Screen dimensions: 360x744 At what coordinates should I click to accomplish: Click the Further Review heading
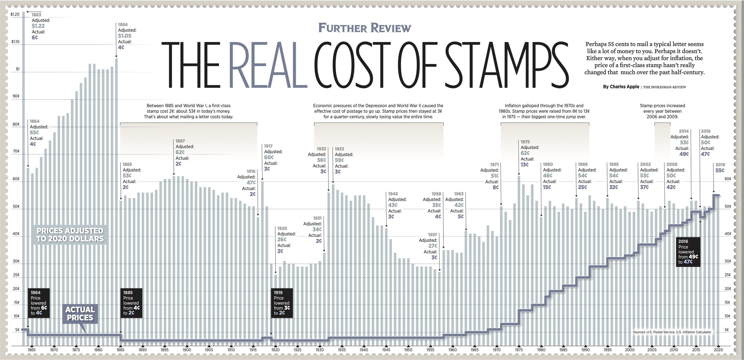coord(365,28)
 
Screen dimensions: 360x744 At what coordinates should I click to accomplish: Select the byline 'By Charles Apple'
coord(621,87)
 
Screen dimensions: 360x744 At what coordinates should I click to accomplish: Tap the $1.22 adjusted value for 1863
coord(38,26)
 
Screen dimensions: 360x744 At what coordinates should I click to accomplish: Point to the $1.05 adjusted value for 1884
coord(124,36)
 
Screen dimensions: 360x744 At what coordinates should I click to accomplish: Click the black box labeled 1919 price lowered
coord(282,303)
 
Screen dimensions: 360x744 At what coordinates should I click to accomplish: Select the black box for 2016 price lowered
coord(688,251)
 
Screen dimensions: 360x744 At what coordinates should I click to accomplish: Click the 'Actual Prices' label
coord(80,314)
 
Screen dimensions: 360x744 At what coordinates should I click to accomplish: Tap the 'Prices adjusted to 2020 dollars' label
coord(70,234)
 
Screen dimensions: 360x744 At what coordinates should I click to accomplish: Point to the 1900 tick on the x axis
coord(187,350)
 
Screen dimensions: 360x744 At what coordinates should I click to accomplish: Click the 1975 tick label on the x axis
coord(519,350)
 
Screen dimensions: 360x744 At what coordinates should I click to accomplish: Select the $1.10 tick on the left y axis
coord(15,42)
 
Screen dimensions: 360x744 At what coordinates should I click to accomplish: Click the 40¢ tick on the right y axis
coord(728,234)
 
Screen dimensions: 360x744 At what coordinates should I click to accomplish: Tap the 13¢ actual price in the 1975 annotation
coord(524,165)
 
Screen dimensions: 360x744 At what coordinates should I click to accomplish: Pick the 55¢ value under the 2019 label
coord(720,170)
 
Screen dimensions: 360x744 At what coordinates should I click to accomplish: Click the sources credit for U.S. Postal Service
coord(672,332)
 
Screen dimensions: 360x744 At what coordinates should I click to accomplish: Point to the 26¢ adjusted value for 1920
coord(282,240)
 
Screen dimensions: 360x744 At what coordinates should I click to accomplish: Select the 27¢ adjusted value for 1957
coord(433,246)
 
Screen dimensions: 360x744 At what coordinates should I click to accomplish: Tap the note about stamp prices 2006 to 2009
coord(662,111)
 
